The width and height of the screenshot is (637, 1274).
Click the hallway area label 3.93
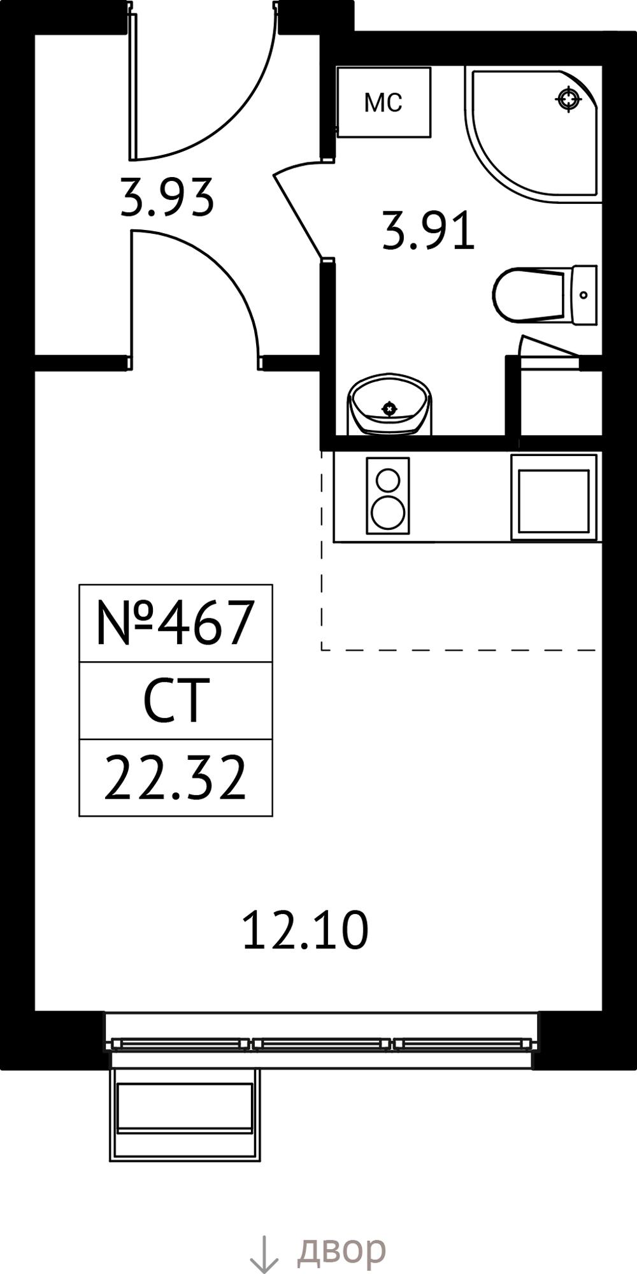[166, 197]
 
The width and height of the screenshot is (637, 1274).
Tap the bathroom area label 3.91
[429, 231]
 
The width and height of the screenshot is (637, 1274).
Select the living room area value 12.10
[306, 931]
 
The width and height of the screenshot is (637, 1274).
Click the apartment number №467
[175, 622]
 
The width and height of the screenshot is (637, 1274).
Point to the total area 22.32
[175, 778]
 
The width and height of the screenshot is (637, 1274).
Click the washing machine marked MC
[384, 102]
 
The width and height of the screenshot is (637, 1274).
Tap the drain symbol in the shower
[568, 99]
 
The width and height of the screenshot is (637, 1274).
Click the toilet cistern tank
[584, 295]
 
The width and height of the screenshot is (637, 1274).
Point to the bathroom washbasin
[389, 404]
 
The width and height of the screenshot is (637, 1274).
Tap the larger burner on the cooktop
[388, 512]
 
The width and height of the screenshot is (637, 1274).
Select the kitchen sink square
[554, 501]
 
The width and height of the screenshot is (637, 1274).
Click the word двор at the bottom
[341, 1250]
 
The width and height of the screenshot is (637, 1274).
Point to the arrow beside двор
[264, 1254]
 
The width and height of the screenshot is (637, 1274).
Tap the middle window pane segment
[322, 1043]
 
